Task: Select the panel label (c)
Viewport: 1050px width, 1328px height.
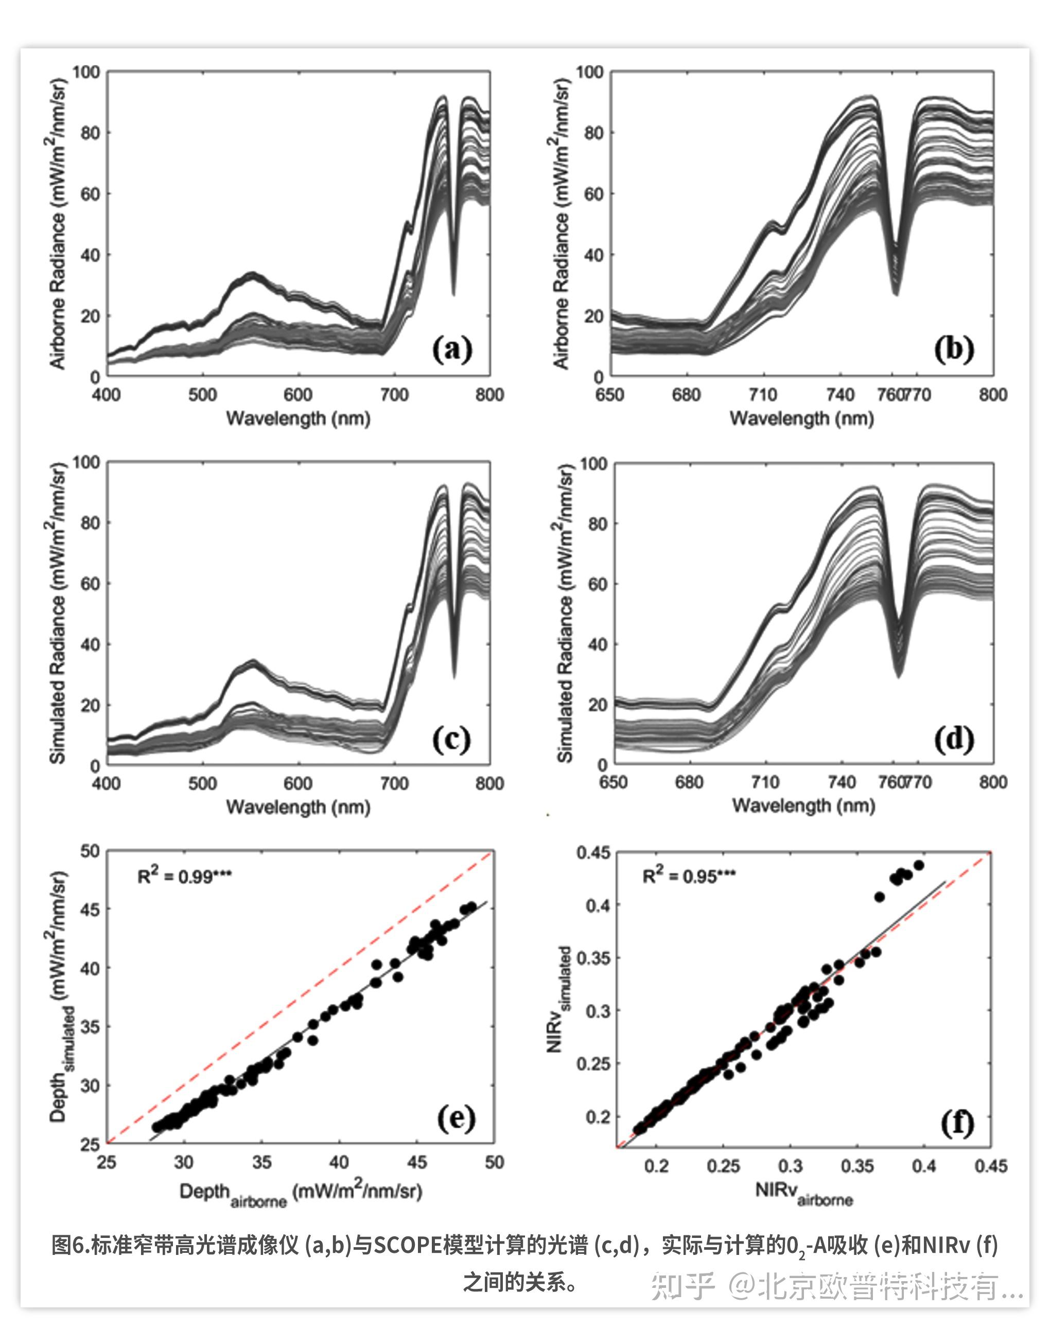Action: click(452, 739)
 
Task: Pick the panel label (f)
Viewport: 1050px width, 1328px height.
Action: click(957, 1123)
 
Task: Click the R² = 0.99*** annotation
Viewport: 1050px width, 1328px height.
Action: click(184, 876)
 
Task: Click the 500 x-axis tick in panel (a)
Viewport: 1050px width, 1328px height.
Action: click(202, 395)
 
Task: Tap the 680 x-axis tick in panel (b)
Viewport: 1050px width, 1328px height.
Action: click(686, 395)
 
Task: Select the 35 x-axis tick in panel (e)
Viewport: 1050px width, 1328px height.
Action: click(262, 1162)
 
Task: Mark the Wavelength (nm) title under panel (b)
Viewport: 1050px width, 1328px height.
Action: click(801, 418)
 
